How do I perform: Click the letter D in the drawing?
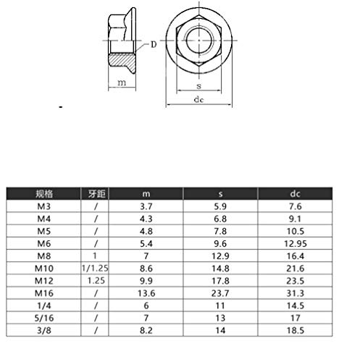pyautogui.click(x=154, y=45)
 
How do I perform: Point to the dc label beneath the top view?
pyautogui.click(x=197, y=101)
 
